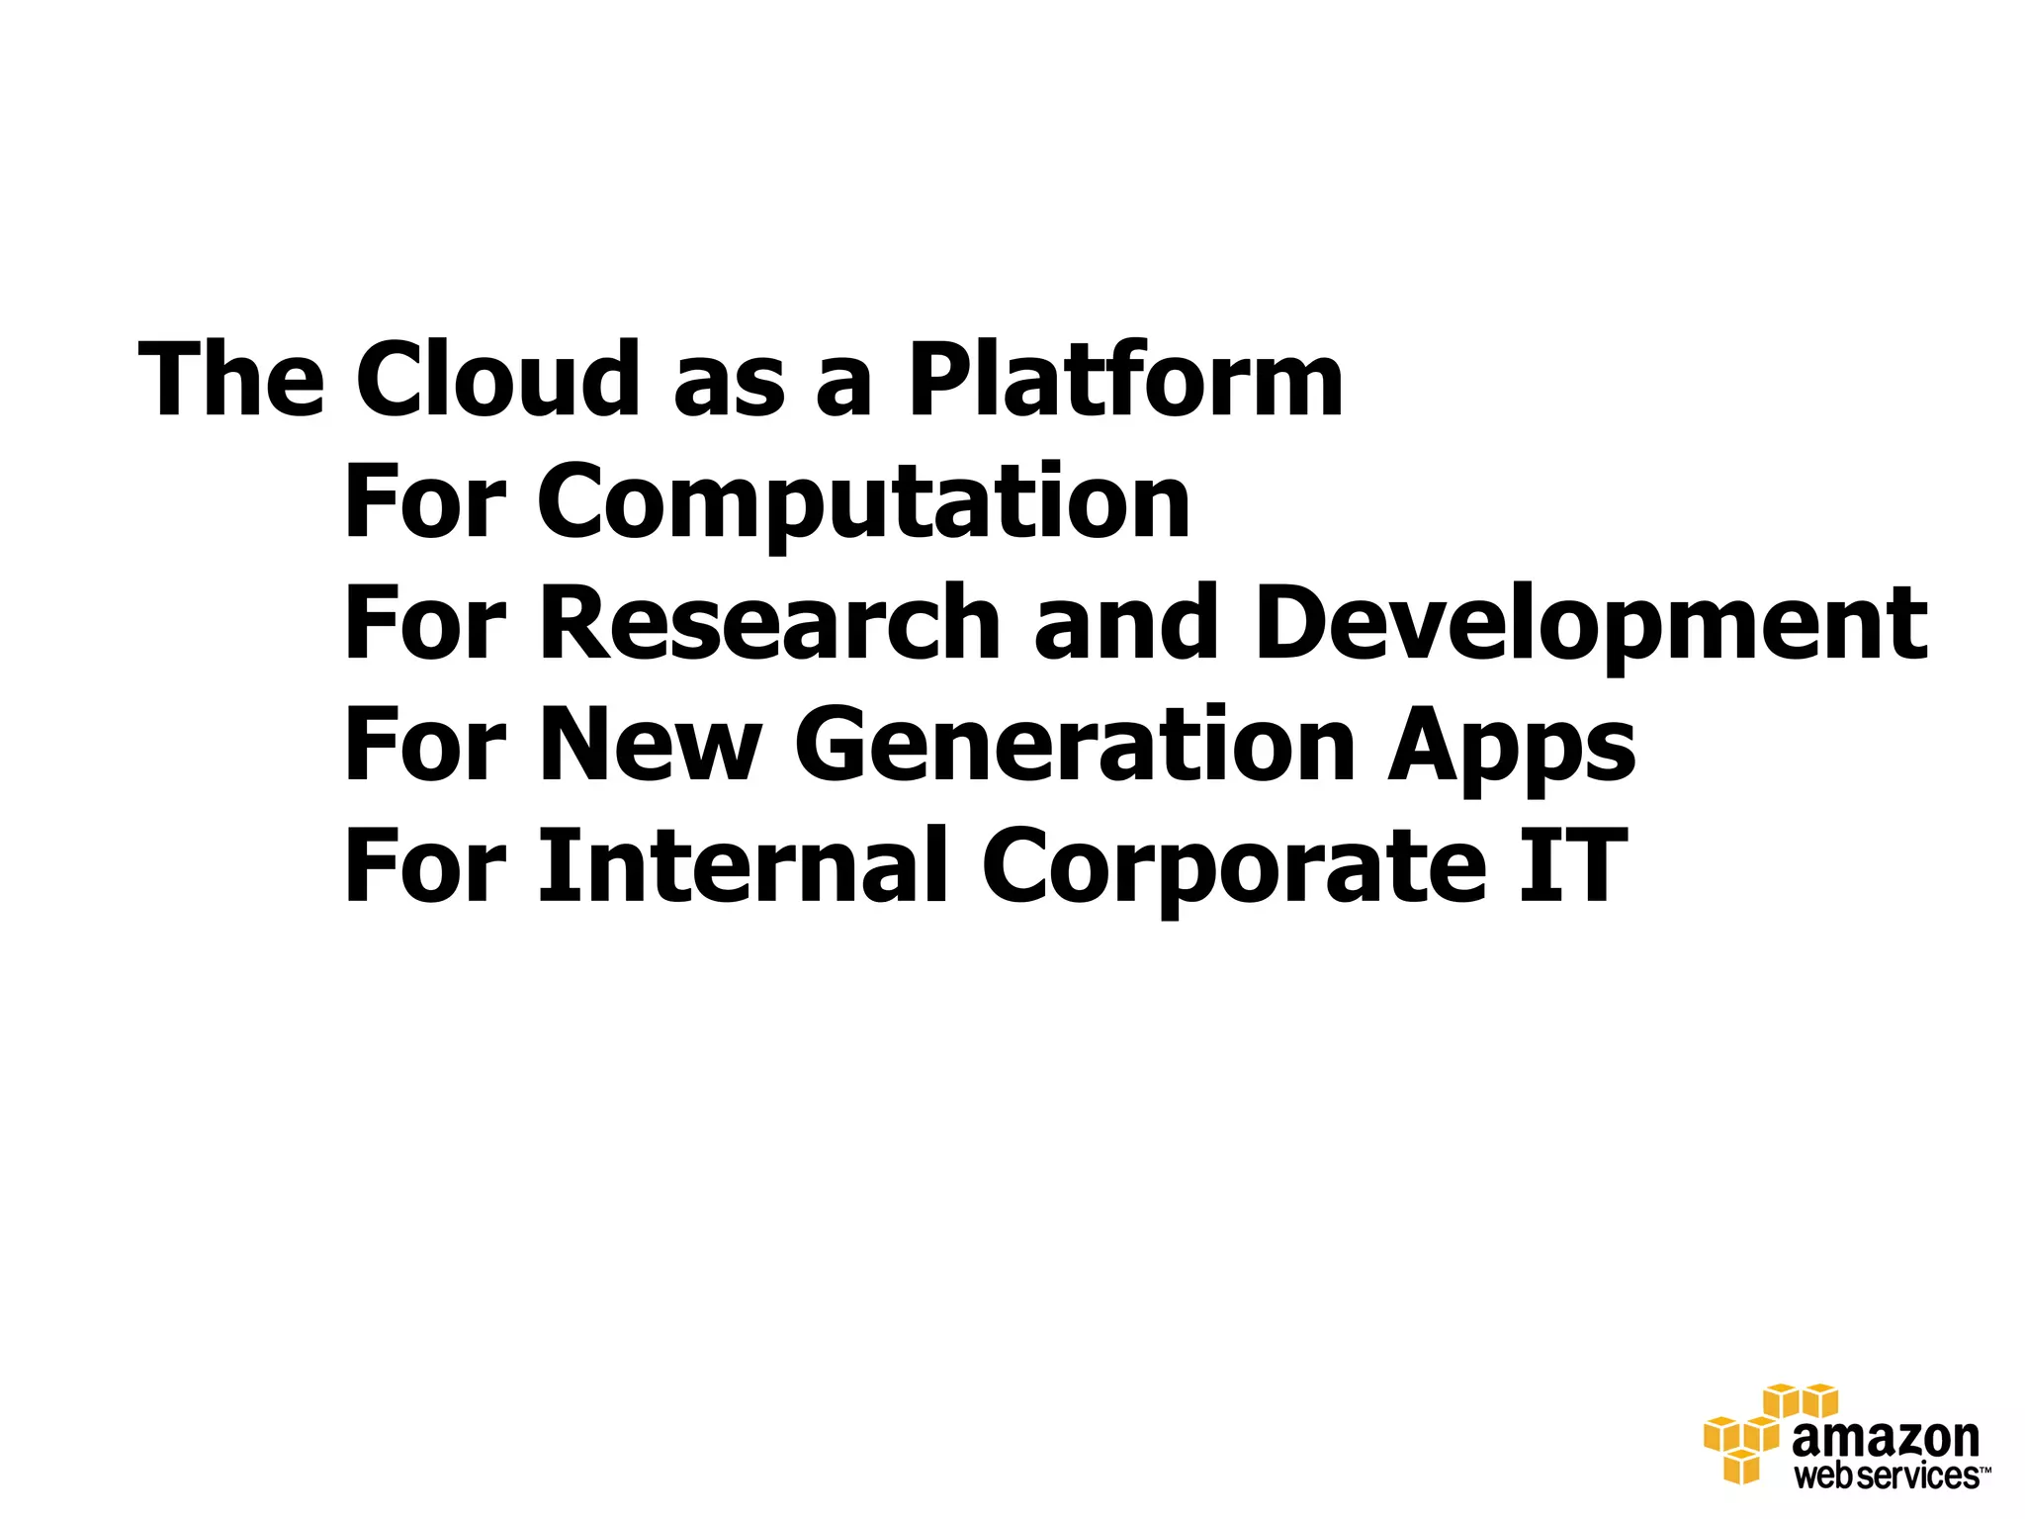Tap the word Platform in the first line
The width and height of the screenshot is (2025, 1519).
1125,380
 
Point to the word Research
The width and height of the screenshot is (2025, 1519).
770,623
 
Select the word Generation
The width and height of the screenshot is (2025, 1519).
1074,745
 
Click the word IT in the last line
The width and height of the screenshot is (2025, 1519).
1572,866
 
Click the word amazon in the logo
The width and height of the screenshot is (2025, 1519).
1885,1440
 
